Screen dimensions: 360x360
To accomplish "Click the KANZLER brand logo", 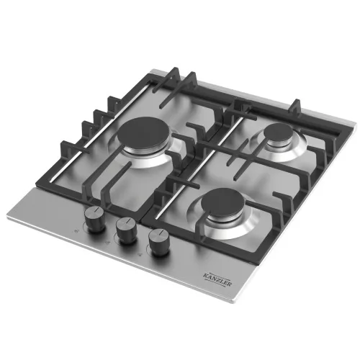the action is click(217, 279).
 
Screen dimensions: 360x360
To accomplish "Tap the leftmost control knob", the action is click(95, 220).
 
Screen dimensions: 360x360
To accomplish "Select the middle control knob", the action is click(127, 230).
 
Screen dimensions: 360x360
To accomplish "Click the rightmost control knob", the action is click(159, 242).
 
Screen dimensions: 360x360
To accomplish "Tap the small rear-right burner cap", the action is click(278, 132).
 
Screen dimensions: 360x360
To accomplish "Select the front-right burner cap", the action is click(223, 201).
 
